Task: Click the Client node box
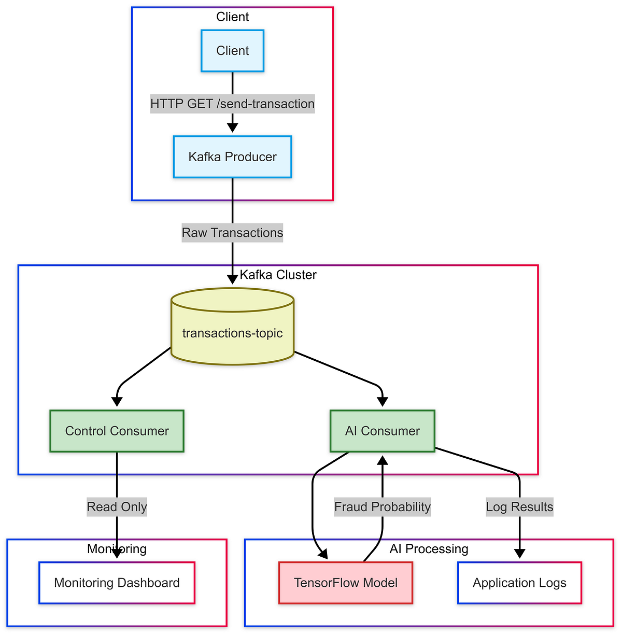(232, 51)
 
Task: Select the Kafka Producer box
(232, 157)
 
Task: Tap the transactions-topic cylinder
(232, 333)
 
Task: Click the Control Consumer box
(117, 431)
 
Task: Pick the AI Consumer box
(383, 431)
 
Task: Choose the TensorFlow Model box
(346, 583)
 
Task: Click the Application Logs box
(519, 583)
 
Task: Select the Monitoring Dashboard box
(117, 583)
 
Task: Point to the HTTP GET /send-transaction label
(232, 104)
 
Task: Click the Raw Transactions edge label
(232, 233)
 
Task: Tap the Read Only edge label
(117, 507)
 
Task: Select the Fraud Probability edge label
(383, 507)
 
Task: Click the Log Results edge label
(519, 507)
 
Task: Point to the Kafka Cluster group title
(278, 275)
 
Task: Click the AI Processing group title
(429, 549)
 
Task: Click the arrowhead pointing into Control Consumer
(117, 401)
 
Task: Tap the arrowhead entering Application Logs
(519, 554)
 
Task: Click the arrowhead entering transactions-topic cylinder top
(232, 279)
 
